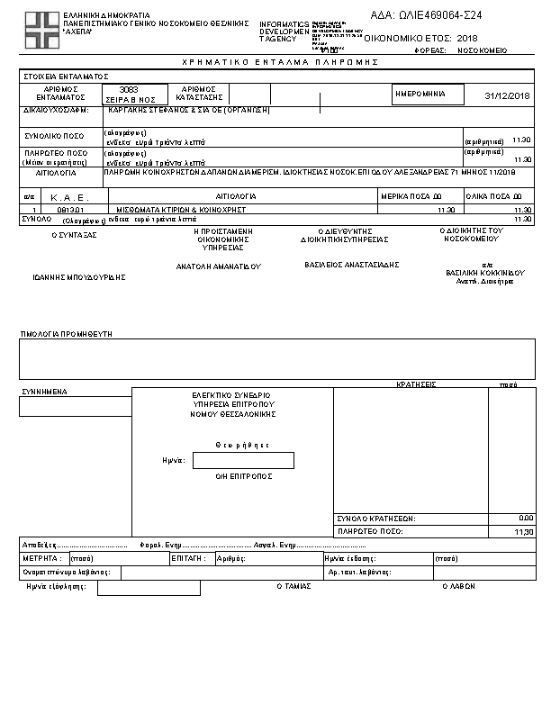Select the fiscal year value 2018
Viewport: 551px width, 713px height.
(x=467, y=40)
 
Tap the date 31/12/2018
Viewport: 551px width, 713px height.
(x=507, y=95)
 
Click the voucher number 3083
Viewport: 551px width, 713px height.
(x=128, y=90)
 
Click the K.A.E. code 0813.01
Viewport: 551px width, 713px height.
(x=70, y=209)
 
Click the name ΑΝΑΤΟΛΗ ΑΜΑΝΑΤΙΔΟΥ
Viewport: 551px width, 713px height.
(x=218, y=266)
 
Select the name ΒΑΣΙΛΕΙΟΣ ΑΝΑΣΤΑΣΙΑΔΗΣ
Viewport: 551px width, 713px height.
(x=352, y=265)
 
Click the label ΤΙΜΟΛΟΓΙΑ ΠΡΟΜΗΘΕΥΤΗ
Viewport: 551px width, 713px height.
(x=66, y=334)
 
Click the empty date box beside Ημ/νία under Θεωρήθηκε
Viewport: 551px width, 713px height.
(x=243, y=460)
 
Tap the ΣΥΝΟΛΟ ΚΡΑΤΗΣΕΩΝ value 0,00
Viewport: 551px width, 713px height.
(x=526, y=519)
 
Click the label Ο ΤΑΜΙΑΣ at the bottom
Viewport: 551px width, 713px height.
(x=293, y=585)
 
